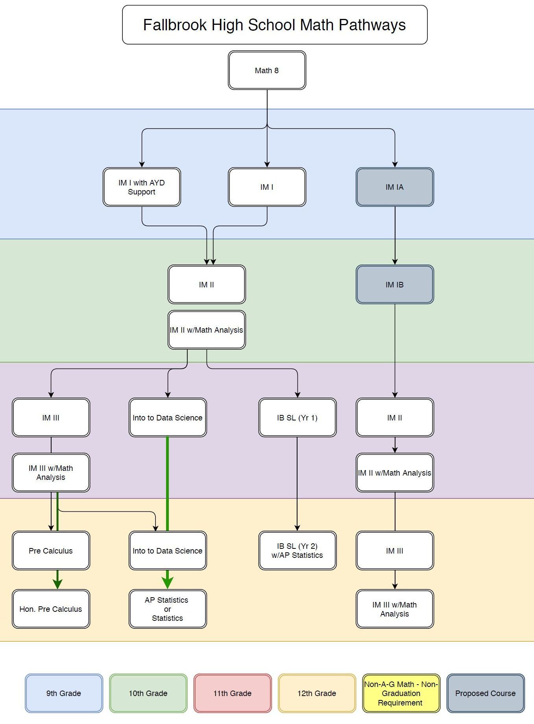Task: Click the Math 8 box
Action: pos(267,70)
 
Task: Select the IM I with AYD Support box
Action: pos(142,187)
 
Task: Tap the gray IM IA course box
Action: pos(395,187)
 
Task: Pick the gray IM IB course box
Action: pos(395,284)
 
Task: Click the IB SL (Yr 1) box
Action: pos(297,418)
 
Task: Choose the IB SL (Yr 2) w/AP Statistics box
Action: pos(297,550)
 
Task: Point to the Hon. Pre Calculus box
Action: pos(51,609)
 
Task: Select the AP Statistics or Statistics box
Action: pos(168,609)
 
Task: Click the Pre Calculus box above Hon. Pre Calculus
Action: pos(51,550)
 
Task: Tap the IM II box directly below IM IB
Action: pos(395,418)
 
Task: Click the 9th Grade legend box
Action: pos(64,693)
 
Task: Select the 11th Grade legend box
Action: pos(232,693)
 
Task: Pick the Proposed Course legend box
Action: pos(485,693)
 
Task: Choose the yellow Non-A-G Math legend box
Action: pos(401,693)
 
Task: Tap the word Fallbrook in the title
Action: pos(175,25)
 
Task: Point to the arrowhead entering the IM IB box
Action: pos(395,261)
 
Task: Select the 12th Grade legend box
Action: pos(317,693)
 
